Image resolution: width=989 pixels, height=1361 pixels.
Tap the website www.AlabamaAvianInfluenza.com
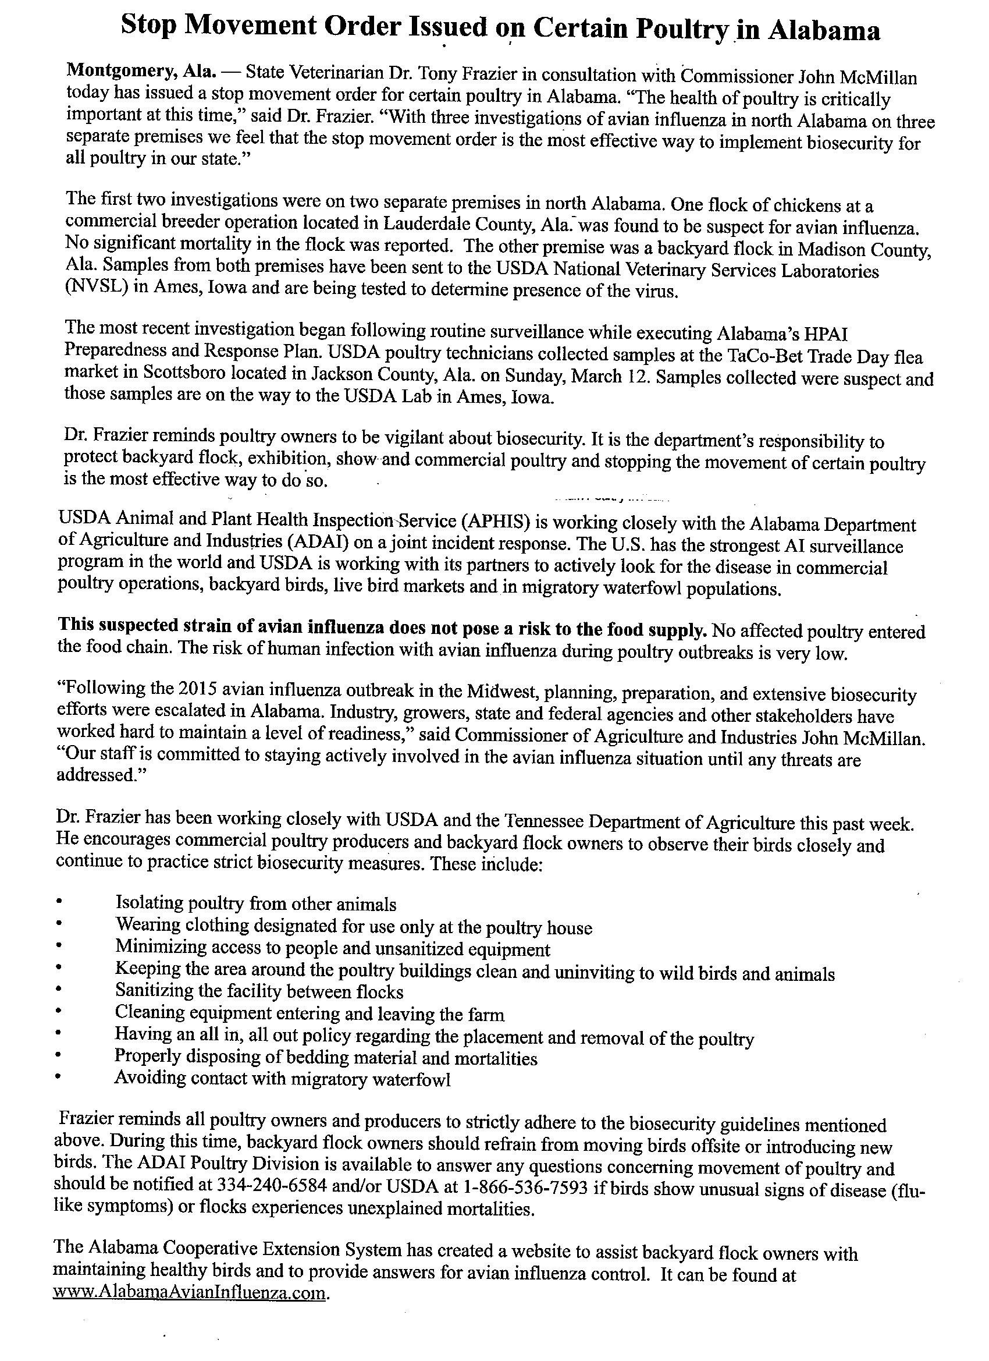191,1292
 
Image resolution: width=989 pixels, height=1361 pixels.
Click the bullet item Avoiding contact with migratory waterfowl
283,1078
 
